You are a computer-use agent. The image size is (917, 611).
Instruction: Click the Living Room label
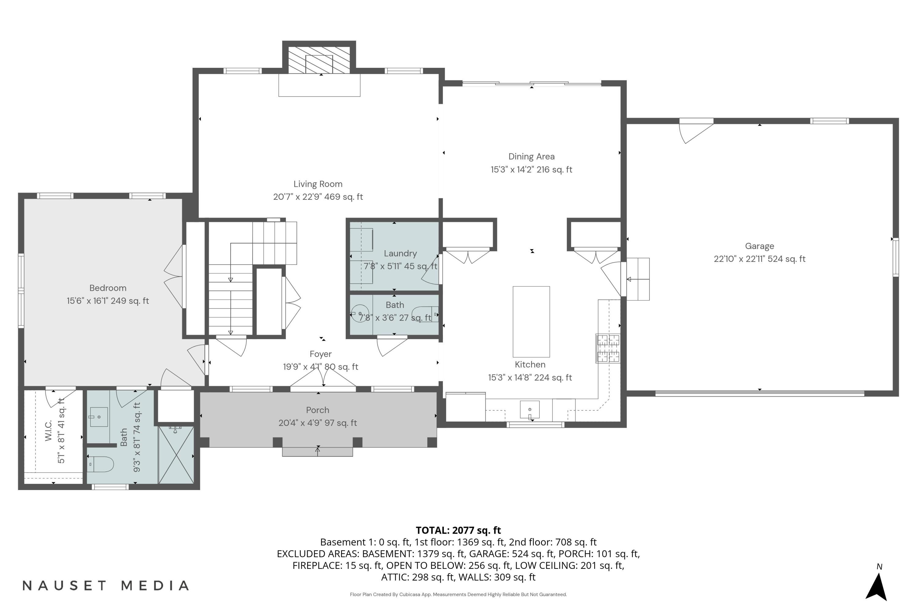318,184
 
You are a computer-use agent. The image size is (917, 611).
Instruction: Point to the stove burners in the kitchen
608,348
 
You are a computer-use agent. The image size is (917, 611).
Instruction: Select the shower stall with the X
176,455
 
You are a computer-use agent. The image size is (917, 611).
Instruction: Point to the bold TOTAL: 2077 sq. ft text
458,530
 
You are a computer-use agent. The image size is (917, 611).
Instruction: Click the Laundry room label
400,254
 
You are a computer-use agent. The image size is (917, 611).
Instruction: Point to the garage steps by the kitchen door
638,279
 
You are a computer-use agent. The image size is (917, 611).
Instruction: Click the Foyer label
320,354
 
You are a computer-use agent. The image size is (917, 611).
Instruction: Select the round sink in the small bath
359,314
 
